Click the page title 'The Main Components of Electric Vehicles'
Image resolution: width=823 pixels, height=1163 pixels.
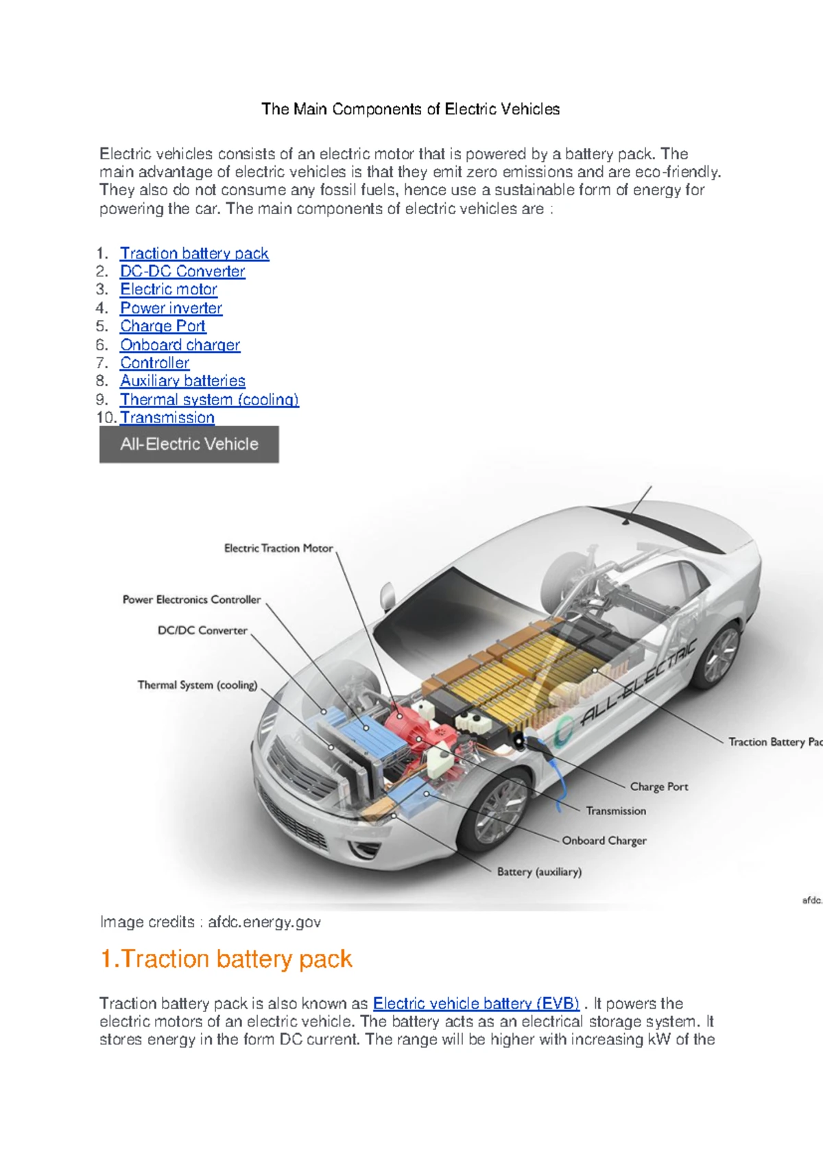pyautogui.click(x=410, y=109)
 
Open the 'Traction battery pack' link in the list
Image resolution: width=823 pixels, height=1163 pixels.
pyautogui.click(x=194, y=254)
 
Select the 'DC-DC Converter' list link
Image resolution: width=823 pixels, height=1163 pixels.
pyautogui.click(x=182, y=272)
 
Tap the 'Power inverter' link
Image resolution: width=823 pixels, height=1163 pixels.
pyautogui.click(x=171, y=309)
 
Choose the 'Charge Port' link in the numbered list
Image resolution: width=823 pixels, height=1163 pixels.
pyautogui.click(x=163, y=326)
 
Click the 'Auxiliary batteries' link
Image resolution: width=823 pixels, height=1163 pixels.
pyautogui.click(x=182, y=381)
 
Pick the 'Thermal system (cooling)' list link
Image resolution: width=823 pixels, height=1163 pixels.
pyautogui.click(x=209, y=400)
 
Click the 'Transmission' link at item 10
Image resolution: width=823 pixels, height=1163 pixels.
pyautogui.click(x=167, y=418)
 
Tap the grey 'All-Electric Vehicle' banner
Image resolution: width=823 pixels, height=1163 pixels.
pyautogui.click(x=189, y=444)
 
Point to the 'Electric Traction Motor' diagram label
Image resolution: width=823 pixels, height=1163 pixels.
pyautogui.click(x=278, y=549)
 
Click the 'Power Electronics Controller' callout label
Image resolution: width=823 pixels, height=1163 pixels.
pyautogui.click(x=191, y=600)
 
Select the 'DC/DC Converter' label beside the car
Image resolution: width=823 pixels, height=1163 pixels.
pyautogui.click(x=202, y=631)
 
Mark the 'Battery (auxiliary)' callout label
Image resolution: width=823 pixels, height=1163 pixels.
pyautogui.click(x=539, y=872)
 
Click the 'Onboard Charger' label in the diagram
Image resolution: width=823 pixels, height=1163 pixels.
pyautogui.click(x=604, y=841)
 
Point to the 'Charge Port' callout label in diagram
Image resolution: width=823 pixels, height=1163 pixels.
pyautogui.click(x=658, y=787)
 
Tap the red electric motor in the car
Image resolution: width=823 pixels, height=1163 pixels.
pyautogui.click(x=405, y=723)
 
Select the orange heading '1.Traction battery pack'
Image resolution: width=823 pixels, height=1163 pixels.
pyautogui.click(x=226, y=959)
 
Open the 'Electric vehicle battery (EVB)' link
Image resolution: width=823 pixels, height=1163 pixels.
pyautogui.click(x=476, y=1004)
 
